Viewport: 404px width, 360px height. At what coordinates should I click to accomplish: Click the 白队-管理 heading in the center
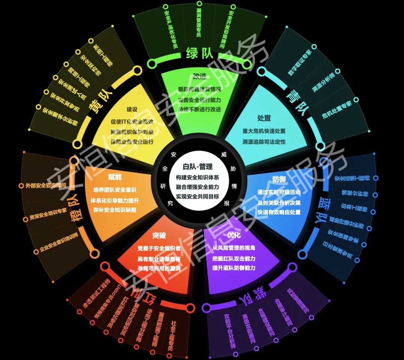[198, 167]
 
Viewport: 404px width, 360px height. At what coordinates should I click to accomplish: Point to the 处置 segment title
[264, 118]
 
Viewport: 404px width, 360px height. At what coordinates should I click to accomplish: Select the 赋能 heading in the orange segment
[115, 177]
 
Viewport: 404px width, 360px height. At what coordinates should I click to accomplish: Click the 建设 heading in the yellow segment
[132, 110]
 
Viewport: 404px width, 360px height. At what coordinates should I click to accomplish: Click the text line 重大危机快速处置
[264, 131]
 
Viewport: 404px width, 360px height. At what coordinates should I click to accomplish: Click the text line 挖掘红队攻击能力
[234, 258]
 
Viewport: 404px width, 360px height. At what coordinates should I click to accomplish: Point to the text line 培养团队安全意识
[115, 190]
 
